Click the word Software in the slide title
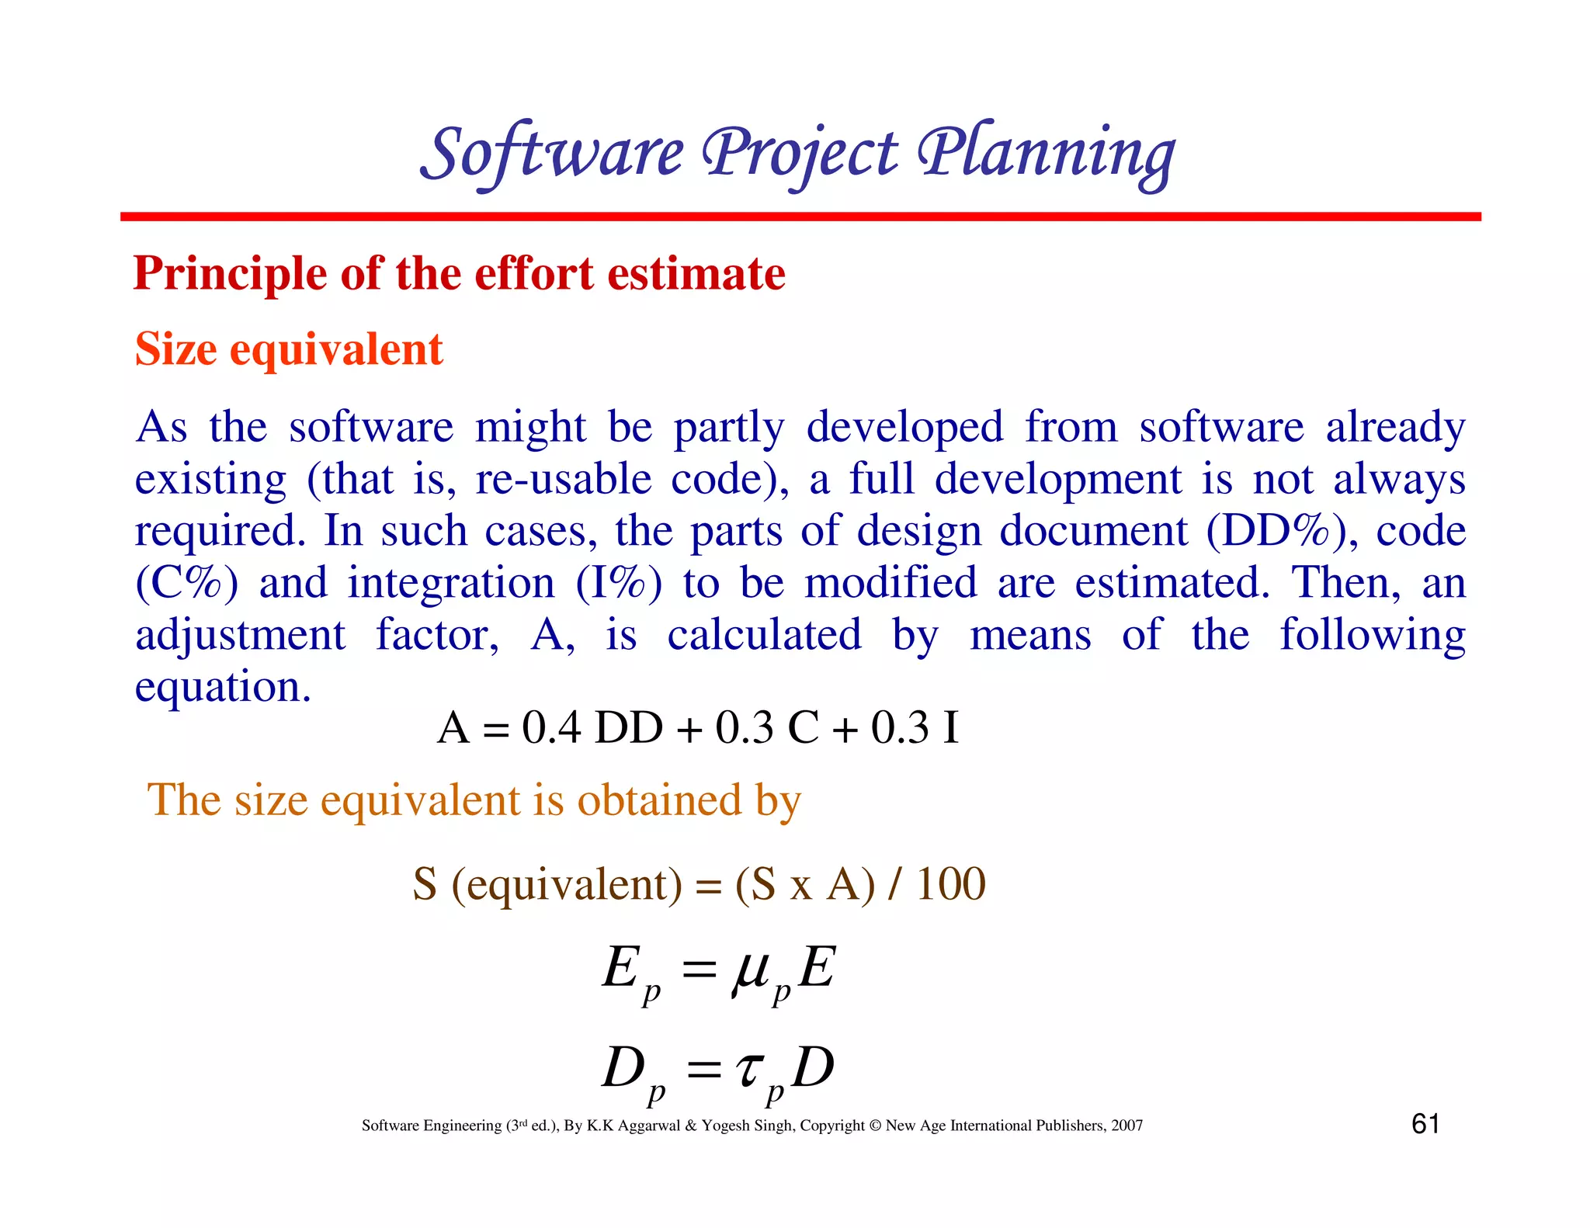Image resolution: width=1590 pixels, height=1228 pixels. click(x=552, y=152)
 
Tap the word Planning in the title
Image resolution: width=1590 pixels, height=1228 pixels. click(x=1046, y=152)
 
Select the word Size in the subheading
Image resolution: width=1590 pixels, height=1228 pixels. click(x=175, y=349)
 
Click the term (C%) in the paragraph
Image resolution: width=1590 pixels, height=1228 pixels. click(x=186, y=584)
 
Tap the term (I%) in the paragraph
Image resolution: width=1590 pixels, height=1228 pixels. click(x=619, y=584)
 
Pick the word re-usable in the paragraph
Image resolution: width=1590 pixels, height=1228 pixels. click(x=563, y=480)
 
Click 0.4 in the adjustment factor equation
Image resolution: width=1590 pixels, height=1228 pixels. click(x=551, y=728)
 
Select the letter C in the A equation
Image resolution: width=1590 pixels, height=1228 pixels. click(x=803, y=728)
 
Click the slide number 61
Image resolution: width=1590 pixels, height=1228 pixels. click(x=1425, y=1124)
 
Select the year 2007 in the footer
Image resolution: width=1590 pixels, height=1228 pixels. click(x=1127, y=1126)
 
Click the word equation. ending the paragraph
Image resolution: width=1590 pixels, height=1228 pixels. click(x=223, y=688)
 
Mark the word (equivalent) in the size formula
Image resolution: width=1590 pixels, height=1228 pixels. click(x=567, y=884)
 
